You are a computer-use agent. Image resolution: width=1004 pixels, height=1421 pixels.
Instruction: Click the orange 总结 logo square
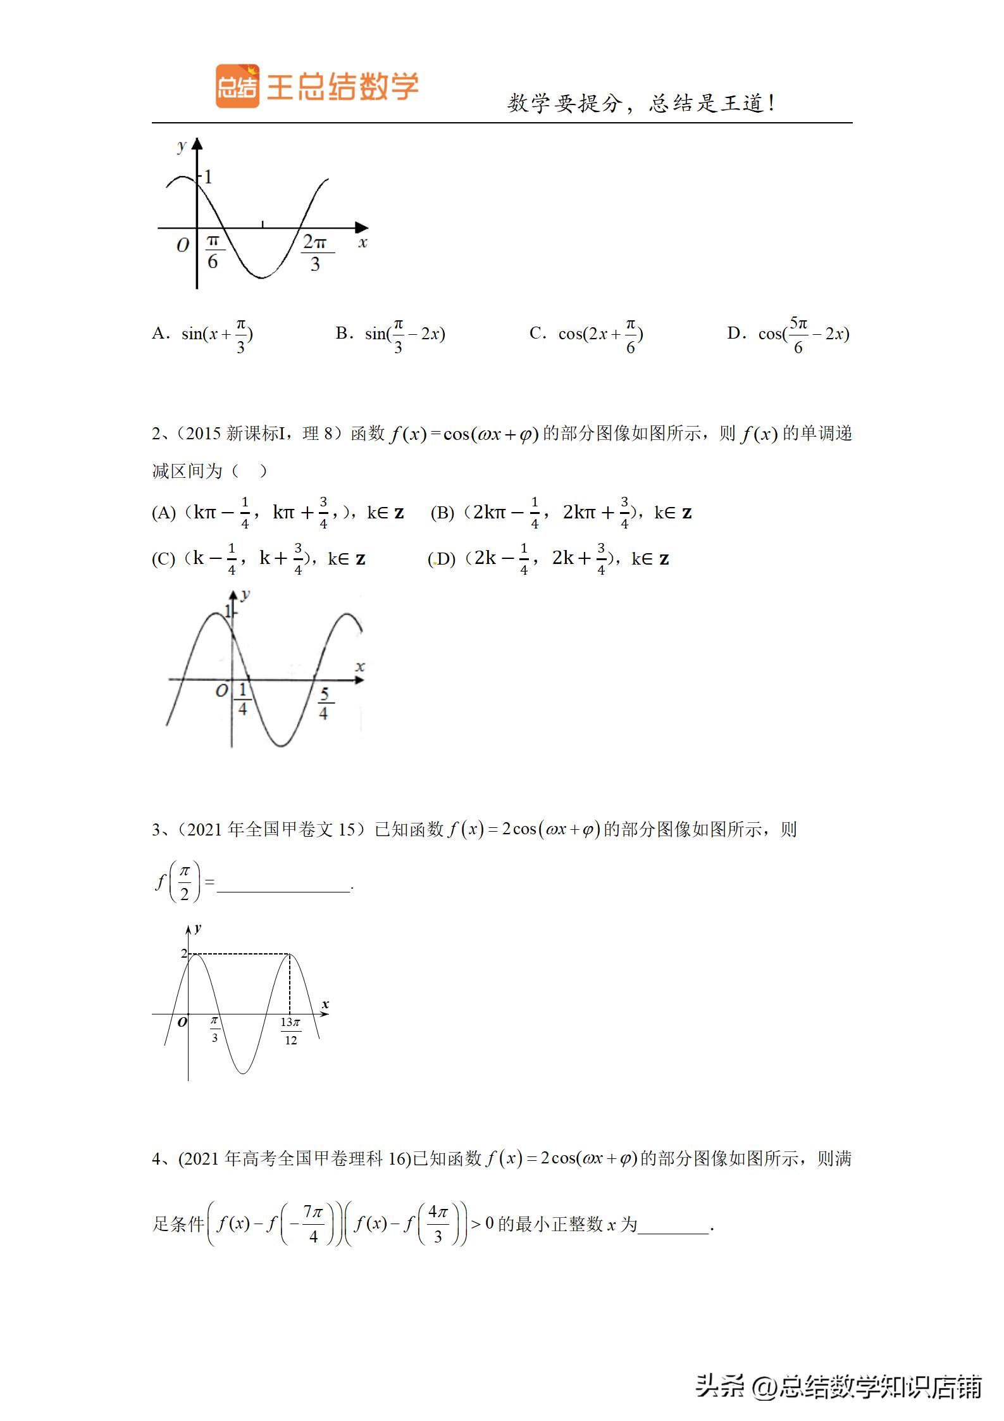tap(237, 86)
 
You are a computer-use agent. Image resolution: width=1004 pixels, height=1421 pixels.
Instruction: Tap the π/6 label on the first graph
tap(213, 251)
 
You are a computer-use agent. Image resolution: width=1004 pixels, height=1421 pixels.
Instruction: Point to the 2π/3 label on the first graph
tap(315, 253)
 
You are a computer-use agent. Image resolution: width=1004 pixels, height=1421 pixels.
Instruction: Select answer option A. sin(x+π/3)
tap(203, 334)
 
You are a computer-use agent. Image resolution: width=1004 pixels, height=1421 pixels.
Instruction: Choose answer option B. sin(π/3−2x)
tap(390, 334)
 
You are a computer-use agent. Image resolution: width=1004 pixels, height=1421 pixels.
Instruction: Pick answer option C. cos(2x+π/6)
tap(586, 334)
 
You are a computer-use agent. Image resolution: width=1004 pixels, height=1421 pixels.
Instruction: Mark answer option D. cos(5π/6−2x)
tap(788, 334)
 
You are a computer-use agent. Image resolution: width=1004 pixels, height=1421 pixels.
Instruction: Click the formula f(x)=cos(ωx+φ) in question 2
tap(464, 434)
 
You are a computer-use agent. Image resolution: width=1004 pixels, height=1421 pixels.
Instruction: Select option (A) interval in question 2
tap(278, 513)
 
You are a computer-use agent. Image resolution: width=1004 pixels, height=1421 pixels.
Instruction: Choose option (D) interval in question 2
tap(548, 559)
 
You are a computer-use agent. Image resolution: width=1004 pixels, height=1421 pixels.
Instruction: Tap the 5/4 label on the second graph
tap(324, 703)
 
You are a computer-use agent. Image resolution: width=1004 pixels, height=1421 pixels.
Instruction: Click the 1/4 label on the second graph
tap(242, 699)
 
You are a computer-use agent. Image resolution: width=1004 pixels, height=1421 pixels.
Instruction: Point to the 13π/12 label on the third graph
tap(290, 1031)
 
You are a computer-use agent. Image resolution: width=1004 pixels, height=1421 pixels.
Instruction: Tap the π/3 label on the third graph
tap(214, 1029)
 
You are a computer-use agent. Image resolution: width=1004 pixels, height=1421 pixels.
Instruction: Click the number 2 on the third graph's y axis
tap(184, 953)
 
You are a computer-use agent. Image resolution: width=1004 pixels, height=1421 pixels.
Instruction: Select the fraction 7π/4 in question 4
tap(313, 1224)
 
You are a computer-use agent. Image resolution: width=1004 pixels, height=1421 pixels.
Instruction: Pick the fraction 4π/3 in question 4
tap(438, 1224)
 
